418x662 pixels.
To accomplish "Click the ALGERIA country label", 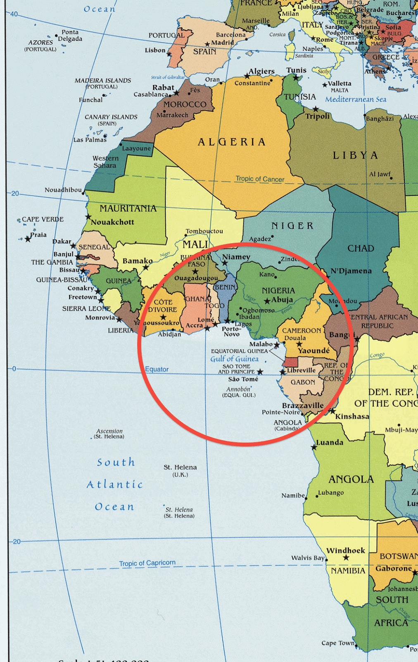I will (x=232, y=142).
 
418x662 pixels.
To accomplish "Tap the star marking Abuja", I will (x=267, y=301).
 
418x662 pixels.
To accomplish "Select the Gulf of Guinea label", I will (x=234, y=359).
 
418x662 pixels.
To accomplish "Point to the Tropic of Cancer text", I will (x=260, y=179).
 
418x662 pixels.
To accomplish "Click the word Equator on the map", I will (x=157, y=369).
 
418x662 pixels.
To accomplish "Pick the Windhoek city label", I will (x=346, y=550).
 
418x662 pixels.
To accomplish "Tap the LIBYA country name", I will (x=355, y=156).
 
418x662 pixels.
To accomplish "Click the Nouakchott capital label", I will (x=112, y=222).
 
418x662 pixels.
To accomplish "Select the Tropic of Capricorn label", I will (x=147, y=563).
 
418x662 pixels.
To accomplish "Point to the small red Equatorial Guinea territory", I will (x=290, y=362).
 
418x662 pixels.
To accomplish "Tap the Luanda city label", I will (x=330, y=442).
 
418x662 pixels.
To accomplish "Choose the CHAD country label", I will (x=361, y=248).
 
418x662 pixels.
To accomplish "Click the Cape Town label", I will (x=338, y=643).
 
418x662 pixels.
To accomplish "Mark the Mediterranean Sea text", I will (x=356, y=99).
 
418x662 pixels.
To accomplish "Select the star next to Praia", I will (x=28, y=239).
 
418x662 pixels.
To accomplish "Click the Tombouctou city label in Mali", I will (x=204, y=231).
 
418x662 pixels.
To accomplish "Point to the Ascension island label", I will (x=109, y=433).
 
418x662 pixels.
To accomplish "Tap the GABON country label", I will (x=303, y=382).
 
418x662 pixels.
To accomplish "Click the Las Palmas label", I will (x=90, y=140).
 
